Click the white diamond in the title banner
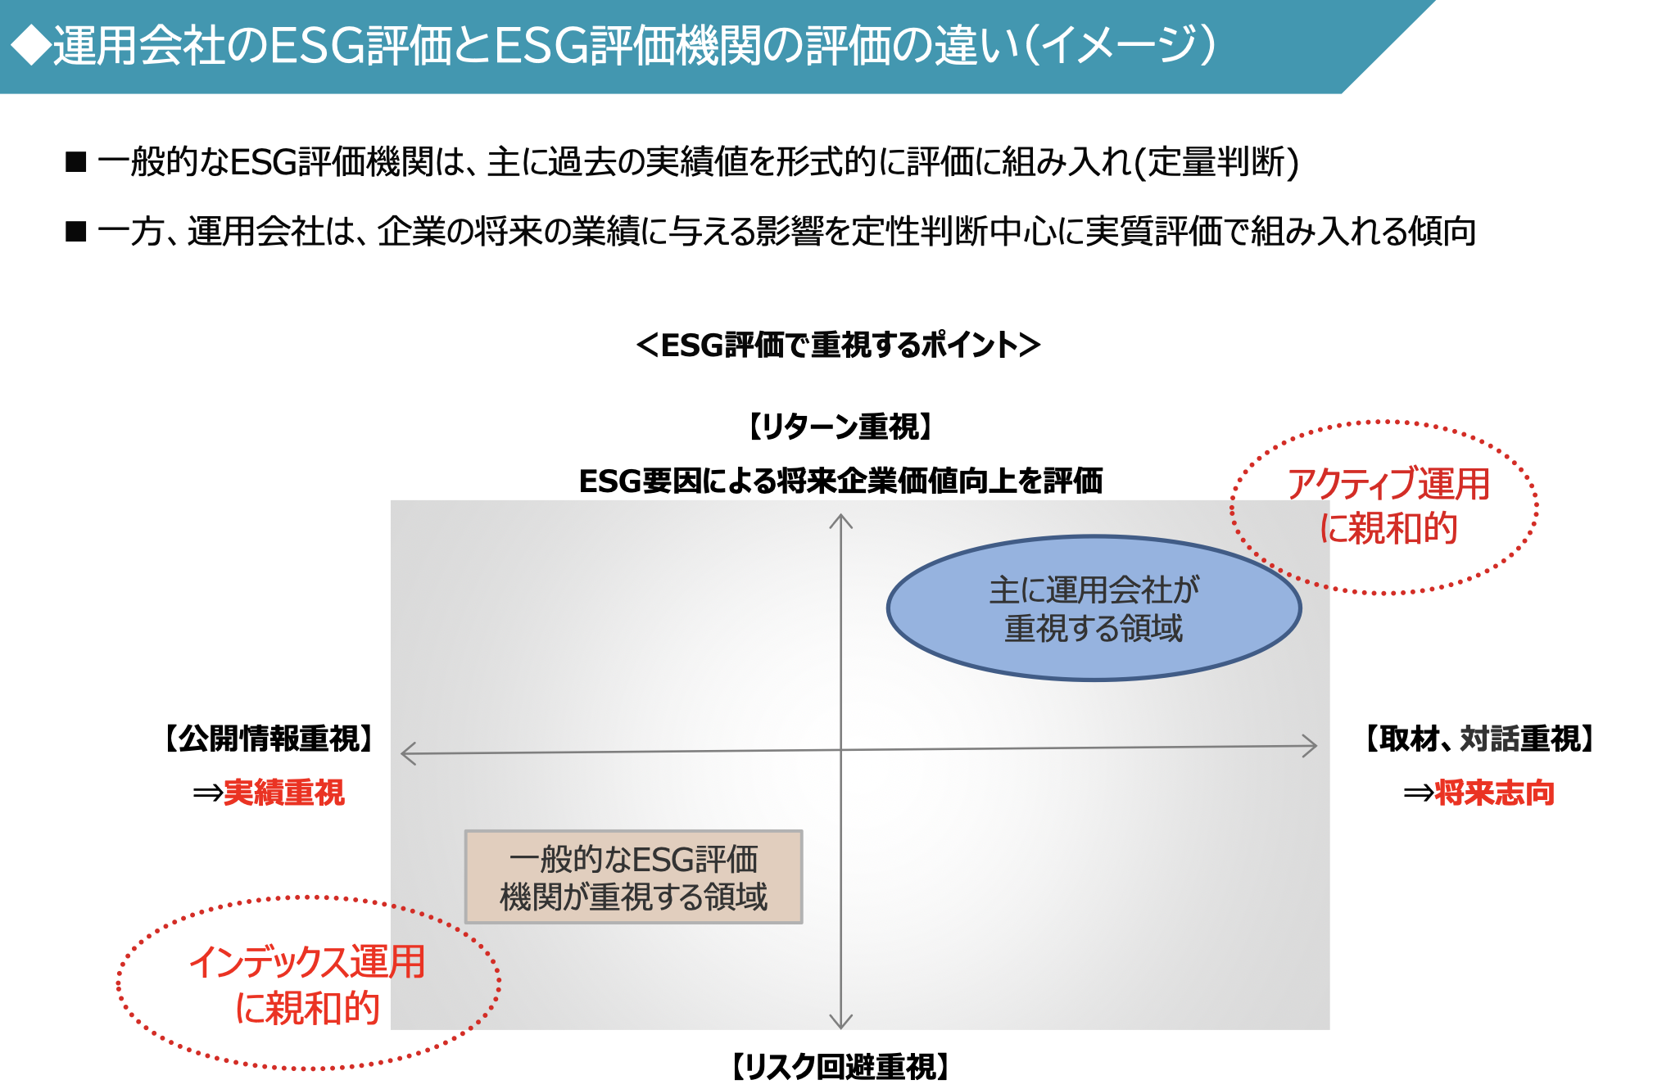30,45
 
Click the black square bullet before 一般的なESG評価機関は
76,162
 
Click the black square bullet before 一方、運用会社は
76,232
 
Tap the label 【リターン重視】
840,427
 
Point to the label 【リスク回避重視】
840,1067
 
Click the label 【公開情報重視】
269,739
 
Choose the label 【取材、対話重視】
1479,739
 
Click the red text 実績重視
284,793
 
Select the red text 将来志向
1494,793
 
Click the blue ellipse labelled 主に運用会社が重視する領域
1094,608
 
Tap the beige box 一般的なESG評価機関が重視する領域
633,877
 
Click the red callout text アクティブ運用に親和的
1388,506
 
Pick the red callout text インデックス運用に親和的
307,984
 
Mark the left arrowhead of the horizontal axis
407,753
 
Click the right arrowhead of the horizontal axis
1311,746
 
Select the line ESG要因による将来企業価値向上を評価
840,481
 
